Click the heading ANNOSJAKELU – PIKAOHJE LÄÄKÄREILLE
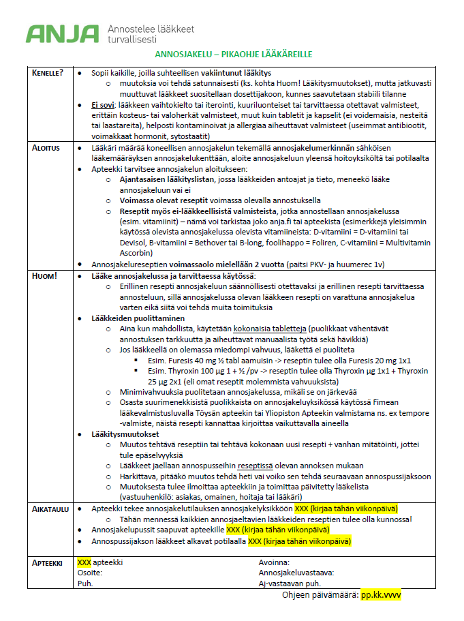[x=234, y=54]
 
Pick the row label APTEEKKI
[x=48, y=563]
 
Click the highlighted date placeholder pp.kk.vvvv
[x=381, y=595]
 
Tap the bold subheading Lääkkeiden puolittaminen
[x=138, y=318]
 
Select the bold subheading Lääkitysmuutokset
[x=125, y=434]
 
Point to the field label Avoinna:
[x=274, y=563]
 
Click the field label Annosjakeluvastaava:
[x=296, y=573]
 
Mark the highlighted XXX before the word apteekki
[x=84, y=563]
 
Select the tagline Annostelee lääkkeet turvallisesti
[x=151, y=34]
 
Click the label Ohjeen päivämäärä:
[x=320, y=595]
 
